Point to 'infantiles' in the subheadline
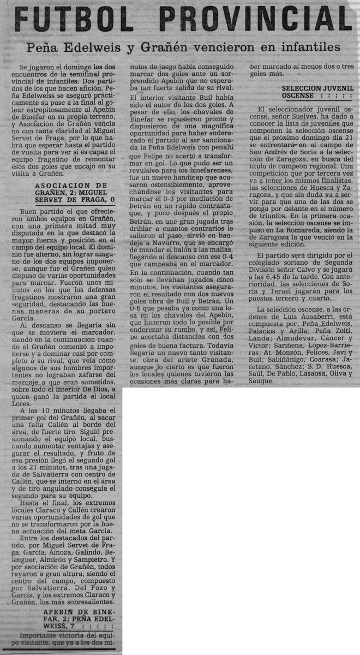pyautogui.click(x=305, y=47)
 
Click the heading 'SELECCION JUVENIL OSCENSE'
pyautogui.click(x=318, y=91)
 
